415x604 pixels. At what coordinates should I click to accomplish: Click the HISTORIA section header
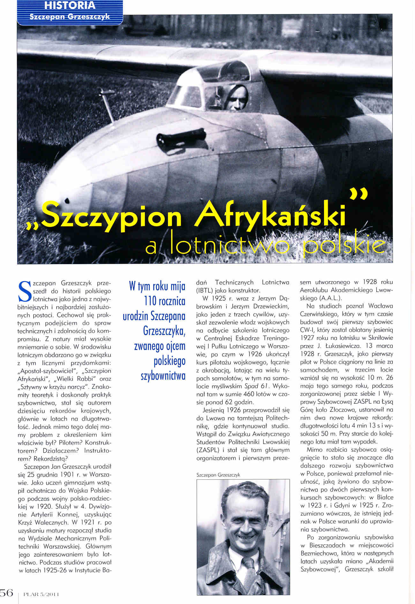coord(70,5)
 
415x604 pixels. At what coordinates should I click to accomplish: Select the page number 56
coord(6,593)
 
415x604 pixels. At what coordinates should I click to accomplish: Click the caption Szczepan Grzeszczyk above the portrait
coord(218,475)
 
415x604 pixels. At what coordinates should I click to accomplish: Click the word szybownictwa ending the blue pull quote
coord(163,376)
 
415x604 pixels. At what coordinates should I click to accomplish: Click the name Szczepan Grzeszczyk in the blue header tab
coord(70,17)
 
